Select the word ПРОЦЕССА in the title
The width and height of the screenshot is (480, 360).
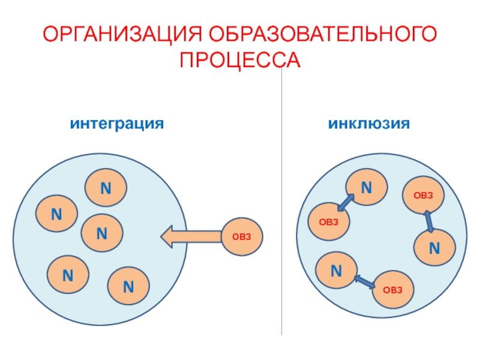[x=240, y=60]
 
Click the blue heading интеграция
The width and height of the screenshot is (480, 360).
[x=117, y=124]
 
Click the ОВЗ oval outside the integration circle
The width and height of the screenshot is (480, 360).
[x=242, y=237]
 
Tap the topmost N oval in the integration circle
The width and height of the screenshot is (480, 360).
[x=106, y=188]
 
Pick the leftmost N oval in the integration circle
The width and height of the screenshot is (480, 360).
[x=56, y=214]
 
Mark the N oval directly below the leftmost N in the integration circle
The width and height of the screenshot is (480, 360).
[x=68, y=275]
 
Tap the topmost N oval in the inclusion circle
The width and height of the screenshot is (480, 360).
[x=366, y=188]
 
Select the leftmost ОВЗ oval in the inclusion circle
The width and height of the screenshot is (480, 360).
[x=329, y=221]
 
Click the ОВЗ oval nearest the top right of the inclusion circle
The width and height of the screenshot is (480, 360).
[x=422, y=196]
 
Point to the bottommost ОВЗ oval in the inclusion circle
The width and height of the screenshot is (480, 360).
[x=393, y=290]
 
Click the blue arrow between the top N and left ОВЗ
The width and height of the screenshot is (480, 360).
[x=345, y=202]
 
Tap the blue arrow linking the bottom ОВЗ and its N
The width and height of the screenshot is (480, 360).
[x=364, y=280]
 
